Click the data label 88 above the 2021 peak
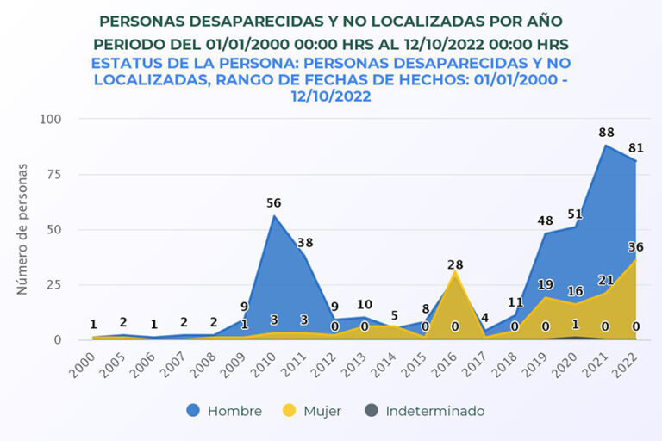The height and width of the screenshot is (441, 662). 606,133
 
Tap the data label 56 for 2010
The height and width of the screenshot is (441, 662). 274,203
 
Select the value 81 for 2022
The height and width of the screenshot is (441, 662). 636,148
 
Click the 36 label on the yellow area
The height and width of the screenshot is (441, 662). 636,247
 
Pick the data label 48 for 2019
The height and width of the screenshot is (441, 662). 546,220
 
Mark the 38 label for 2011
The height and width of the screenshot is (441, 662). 304,243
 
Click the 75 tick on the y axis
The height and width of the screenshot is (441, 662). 54,174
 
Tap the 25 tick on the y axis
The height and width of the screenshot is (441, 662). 54,284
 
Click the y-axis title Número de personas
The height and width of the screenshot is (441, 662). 22,228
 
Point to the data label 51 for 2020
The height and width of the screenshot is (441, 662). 576,214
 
